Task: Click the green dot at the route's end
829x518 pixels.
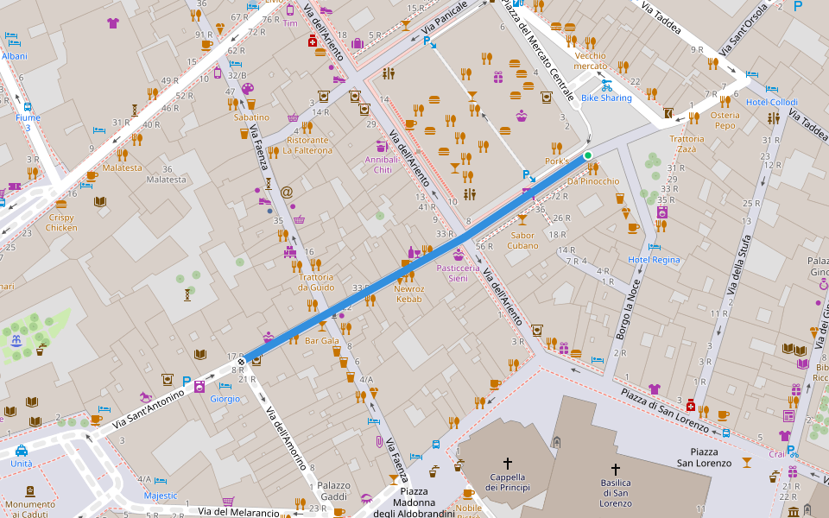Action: [x=588, y=155]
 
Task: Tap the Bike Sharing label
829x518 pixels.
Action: [x=606, y=98]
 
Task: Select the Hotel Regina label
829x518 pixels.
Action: [x=654, y=260]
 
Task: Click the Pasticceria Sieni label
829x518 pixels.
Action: [x=464, y=273]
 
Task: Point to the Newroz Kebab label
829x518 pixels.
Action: [x=409, y=294]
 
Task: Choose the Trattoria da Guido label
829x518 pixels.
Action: [x=316, y=282]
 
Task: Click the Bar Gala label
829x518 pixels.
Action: [x=322, y=341]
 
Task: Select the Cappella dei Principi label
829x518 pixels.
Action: [x=508, y=482]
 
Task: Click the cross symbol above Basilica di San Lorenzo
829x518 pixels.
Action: [x=616, y=468]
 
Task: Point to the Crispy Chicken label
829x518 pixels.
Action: [x=60, y=223]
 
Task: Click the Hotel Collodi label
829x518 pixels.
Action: [x=772, y=103]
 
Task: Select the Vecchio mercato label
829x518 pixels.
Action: [x=590, y=60]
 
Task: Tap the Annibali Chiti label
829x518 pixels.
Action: [x=383, y=165]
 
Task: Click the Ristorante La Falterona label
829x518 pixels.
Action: [x=308, y=145]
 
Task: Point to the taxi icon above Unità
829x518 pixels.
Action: [x=21, y=451]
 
